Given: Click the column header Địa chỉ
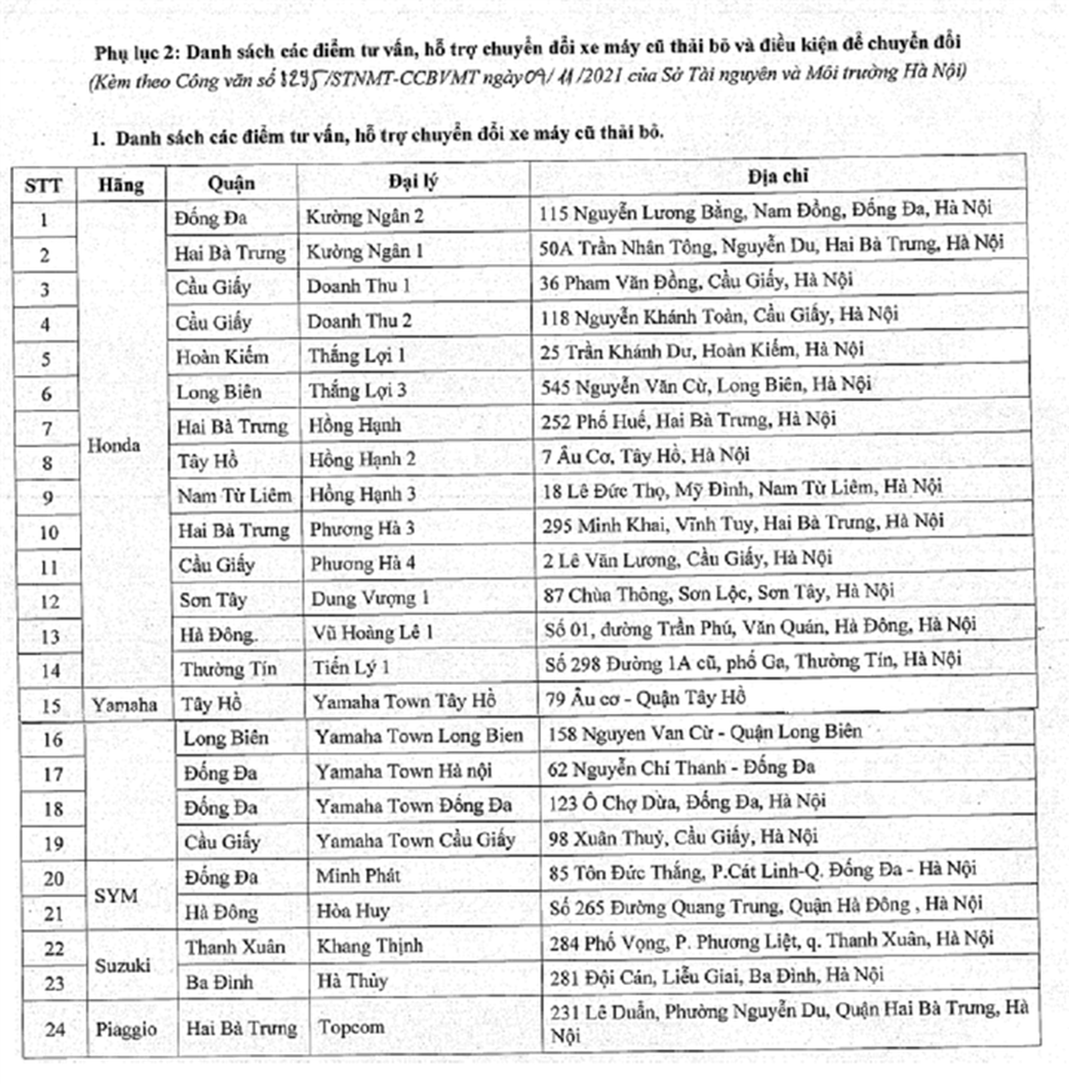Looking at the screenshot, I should point(778,176).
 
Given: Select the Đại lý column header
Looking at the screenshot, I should point(413,181).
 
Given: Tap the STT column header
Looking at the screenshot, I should point(43,186).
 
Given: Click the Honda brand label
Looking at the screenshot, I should point(114,446).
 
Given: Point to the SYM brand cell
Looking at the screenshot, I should point(116,896).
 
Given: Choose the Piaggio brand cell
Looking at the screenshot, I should point(126,1029).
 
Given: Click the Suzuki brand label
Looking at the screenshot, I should point(122,966).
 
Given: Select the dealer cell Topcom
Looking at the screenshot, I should point(351,1027).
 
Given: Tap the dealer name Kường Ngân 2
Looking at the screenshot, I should point(364,217).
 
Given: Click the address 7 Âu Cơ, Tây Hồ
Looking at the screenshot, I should point(645,456).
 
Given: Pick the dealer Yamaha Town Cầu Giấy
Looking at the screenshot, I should point(416,840).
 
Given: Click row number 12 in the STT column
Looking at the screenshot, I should point(50,602).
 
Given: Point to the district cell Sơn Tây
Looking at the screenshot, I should point(213,600).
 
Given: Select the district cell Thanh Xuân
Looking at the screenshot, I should point(235,947).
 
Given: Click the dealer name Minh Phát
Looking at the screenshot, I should point(358,875).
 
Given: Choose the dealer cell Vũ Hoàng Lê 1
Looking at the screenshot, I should point(373,632).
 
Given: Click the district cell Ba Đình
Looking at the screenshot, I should point(219,982).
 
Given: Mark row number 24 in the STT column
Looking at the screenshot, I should point(55,1029).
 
